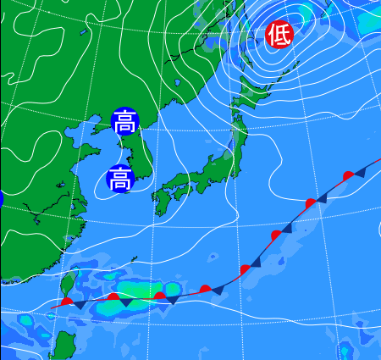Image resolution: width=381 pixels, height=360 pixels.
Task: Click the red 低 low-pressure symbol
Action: coord(279,34)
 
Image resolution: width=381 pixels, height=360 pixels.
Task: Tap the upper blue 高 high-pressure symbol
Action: coord(124,122)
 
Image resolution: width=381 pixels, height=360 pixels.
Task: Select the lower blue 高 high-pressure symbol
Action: coord(120,179)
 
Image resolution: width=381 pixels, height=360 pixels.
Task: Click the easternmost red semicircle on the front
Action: coord(348,175)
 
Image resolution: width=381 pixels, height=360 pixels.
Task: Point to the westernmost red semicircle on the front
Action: coord(67,302)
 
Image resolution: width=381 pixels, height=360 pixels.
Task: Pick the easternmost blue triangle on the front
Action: coord(360,172)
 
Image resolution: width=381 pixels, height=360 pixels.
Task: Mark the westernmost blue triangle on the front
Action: coord(80,304)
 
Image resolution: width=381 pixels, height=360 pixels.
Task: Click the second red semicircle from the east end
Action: coord(311,202)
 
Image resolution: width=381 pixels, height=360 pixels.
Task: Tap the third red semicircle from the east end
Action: coord(276,234)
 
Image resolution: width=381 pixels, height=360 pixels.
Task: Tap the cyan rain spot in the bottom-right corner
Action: coord(346,351)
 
